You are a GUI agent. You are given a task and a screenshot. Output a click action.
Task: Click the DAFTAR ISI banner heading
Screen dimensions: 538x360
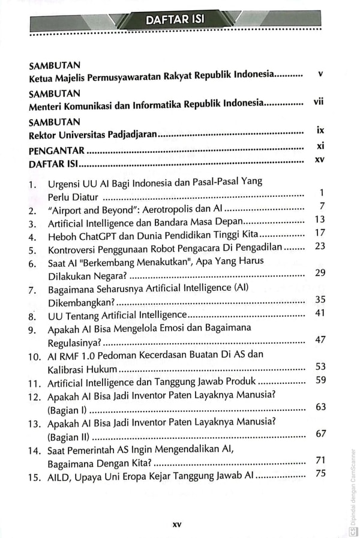click(x=176, y=20)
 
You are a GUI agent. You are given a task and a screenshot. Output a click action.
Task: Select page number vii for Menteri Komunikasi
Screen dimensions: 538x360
click(x=318, y=101)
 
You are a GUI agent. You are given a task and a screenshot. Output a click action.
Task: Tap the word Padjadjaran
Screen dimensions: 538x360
click(x=131, y=134)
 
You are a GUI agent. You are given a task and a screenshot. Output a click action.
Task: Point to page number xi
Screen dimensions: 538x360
click(x=319, y=146)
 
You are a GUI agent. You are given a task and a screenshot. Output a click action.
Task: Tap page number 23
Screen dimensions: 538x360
click(x=319, y=246)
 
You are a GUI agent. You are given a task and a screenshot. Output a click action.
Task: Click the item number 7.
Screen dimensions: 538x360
click(x=34, y=289)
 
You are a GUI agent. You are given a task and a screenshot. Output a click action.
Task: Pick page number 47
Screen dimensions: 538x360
click(x=319, y=339)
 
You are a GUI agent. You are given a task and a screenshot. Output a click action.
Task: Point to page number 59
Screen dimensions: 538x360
click(x=319, y=379)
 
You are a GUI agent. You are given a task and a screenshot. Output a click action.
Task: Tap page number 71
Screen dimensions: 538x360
click(x=319, y=460)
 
